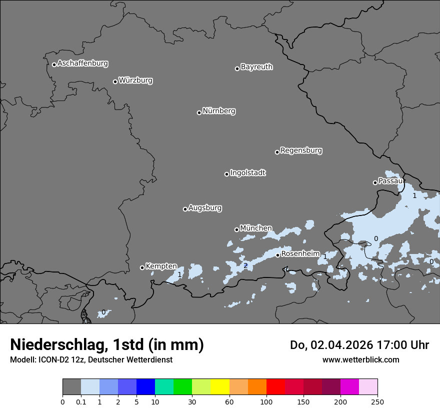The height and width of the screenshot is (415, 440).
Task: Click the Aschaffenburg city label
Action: [x=82, y=63]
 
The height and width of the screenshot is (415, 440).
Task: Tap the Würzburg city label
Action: [x=135, y=80]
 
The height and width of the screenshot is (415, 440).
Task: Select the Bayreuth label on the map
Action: [x=256, y=67]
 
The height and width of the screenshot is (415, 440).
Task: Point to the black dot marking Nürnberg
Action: [x=199, y=112]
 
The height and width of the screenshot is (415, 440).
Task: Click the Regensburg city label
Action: [x=301, y=150]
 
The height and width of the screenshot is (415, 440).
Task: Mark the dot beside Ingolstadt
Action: [x=226, y=174]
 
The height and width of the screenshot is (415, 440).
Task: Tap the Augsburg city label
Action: [x=205, y=208]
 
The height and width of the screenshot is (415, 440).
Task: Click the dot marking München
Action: [x=236, y=229]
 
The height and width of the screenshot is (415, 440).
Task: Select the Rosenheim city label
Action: [x=300, y=254]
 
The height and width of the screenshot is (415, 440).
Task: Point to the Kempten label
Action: [x=161, y=266]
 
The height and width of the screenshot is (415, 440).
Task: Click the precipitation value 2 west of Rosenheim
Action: [x=245, y=265]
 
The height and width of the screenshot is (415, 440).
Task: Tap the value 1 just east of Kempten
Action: [x=180, y=274]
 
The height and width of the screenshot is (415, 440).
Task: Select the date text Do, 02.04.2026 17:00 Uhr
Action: [x=359, y=345]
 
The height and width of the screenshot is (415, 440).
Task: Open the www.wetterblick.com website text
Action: [x=360, y=359]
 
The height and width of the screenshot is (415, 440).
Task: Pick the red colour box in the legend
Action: [x=275, y=387]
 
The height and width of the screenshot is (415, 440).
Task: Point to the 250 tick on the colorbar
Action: [x=377, y=401]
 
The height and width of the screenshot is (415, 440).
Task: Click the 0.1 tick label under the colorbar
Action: [x=81, y=401]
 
